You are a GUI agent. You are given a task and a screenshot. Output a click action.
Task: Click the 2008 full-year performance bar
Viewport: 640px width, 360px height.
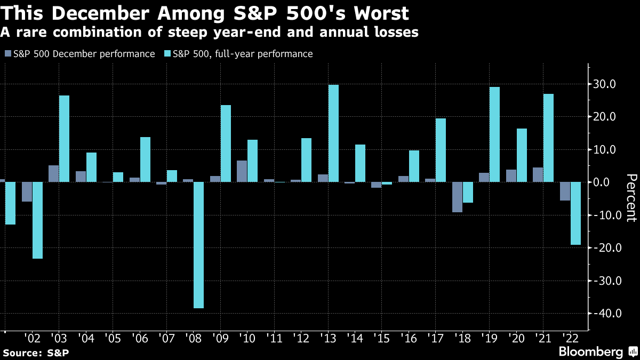(x=198, y=245)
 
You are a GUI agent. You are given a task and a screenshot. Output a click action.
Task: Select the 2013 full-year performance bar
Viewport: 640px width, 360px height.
(x=333, y=133)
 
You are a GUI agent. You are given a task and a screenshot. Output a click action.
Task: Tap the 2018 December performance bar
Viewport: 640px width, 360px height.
(x=457, y=197)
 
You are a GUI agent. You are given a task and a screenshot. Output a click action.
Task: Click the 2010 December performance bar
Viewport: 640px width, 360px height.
(x=242, y=171)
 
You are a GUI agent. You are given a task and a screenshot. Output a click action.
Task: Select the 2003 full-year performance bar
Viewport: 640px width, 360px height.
(x=64, y=139)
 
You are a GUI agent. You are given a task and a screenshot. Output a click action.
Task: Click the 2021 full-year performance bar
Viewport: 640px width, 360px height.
(x=548, y=138)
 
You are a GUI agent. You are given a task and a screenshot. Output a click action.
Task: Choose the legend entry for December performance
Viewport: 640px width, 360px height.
(x=80, y=54)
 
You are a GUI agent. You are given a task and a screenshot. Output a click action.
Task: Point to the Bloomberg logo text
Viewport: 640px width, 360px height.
(x=590, y=351)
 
